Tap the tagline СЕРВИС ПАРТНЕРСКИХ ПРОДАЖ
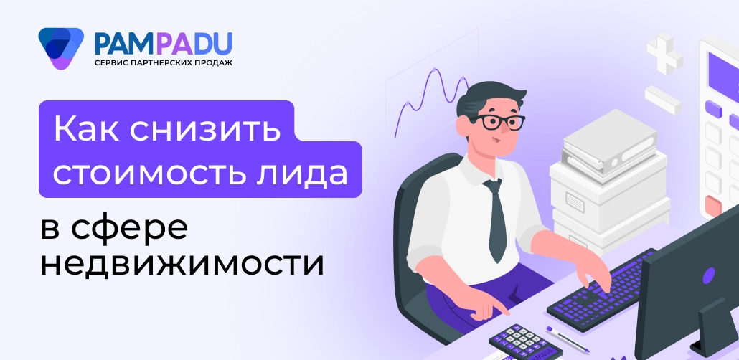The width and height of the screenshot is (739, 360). pyautogui.click(x=164, y=64)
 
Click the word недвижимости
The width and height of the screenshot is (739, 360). pyautogui.click(x=182, y=263)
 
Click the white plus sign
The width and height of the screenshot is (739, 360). pyautogui.click(x=664, y=51)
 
